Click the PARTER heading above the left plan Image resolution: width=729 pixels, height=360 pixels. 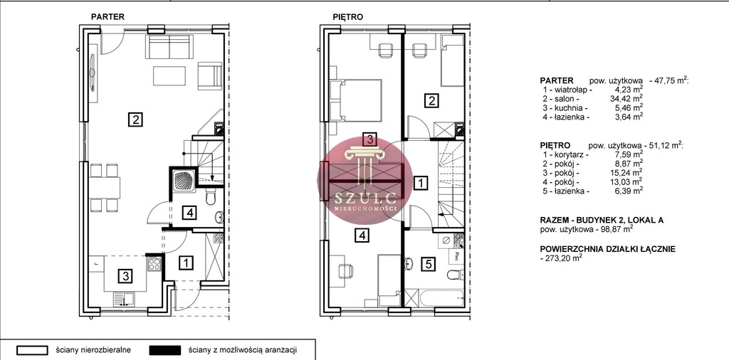point(107,17)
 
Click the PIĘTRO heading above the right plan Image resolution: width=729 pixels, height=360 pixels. point(347,17)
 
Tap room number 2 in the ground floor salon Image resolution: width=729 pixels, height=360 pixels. point(135,120)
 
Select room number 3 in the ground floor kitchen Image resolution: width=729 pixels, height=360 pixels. point(125,276)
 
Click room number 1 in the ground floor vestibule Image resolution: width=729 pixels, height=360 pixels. point(186,263)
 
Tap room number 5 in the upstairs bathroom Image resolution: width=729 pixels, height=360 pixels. point(428,265)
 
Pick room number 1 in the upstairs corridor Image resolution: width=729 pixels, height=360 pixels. point(421,183)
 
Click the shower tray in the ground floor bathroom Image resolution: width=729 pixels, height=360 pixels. point(183,177)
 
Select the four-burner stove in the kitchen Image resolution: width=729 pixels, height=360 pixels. point(154,264)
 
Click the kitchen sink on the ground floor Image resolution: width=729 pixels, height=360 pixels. point(124,299)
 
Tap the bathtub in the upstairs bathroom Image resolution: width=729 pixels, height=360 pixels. point(434,298)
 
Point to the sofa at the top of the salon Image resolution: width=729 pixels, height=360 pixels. point(169,46)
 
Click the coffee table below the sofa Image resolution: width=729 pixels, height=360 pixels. point(169,75)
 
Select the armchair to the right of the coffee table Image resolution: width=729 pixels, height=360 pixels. point(210,75)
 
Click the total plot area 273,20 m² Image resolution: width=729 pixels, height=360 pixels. point(562,258)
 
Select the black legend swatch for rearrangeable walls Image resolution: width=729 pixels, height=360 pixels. point(165,350)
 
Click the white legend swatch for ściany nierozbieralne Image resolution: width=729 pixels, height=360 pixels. point(33,350)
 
